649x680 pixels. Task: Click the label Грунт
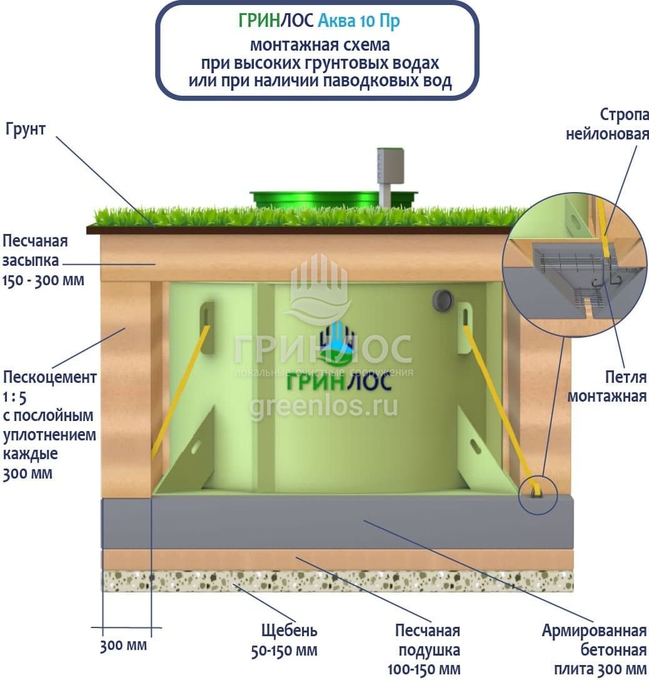(x=26, y=130)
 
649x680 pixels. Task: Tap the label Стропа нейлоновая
(x=607, y=124)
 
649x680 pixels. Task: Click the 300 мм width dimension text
(x=123, y=645)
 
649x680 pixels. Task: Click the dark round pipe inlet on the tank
(x=442, y=300)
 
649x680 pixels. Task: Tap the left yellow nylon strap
(x=182, y=388)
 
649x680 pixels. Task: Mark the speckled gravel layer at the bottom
(x=338, y=581)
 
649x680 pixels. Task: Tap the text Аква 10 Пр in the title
(x=358, y=21)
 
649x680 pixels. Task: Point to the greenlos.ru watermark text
(x=323, y=406)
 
